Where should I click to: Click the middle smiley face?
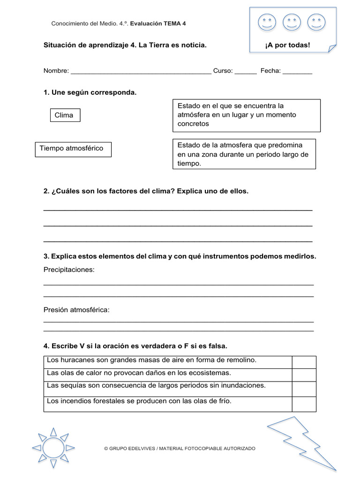(292, 22)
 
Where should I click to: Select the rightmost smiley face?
(316, 22)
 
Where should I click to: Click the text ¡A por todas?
(287, 45)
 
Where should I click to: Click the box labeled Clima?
(65, 115)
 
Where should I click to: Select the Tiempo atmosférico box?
(73, 149)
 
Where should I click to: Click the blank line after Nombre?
(141, 72)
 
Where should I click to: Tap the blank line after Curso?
(245, 72)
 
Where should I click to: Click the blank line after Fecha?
(297, 72)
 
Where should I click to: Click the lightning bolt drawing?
(302, 441)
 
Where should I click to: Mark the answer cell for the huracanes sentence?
(304, 362)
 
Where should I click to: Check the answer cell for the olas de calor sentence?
(304, 375)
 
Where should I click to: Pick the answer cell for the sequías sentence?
(304, 388)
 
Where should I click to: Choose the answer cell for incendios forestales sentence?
(304, 404)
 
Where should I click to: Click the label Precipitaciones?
(69, 270)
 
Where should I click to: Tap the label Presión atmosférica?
(76, 310)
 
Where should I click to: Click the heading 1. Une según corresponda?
(90, 93)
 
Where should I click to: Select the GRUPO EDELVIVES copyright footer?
(180, 449)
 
